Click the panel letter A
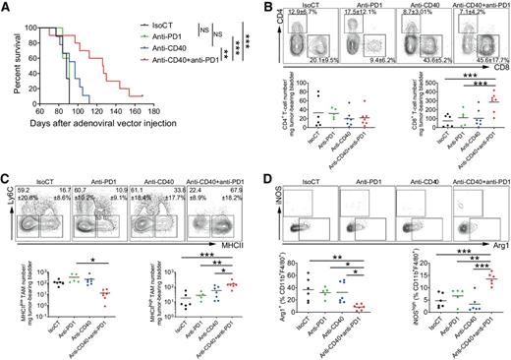[6, 7]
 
